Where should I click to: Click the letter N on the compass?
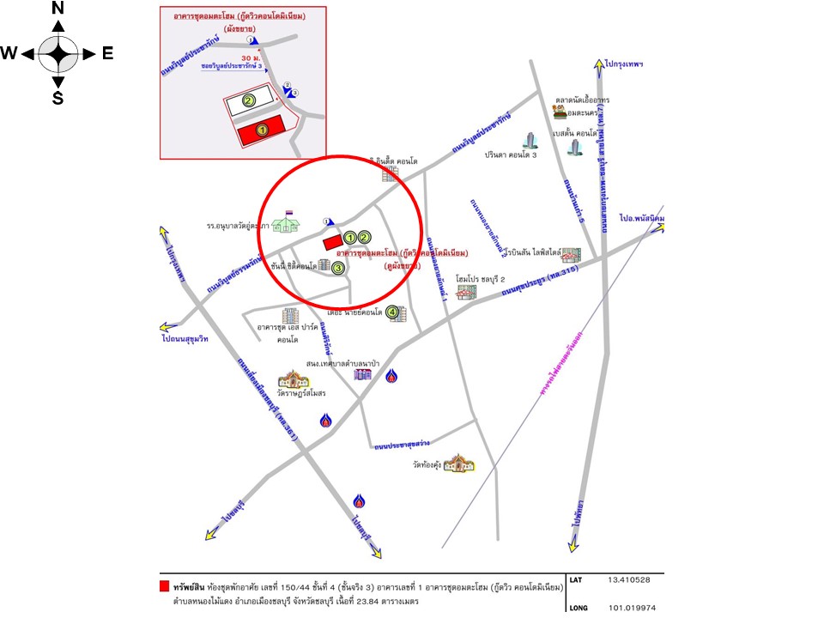(x=58, y=9)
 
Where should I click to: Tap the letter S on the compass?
(x=58, y=98)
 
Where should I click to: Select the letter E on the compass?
(x=107, y=53)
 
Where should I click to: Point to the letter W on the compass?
(x=9, y=53)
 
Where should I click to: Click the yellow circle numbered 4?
(x=393, y=313)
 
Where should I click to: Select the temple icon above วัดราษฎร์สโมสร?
(x=291, y=379)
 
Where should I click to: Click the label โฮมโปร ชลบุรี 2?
(x=481, y=279)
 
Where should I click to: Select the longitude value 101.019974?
(x=631, y=607)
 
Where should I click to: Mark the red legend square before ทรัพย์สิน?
(x=164, y=587)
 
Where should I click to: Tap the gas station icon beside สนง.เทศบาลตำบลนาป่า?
(x=391, y=375)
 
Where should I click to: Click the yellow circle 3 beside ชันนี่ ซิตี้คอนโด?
(x=338, y=269)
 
